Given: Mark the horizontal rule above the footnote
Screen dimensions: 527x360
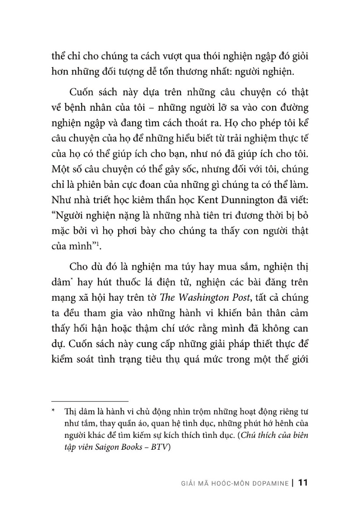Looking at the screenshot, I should (x=90, y=401).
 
